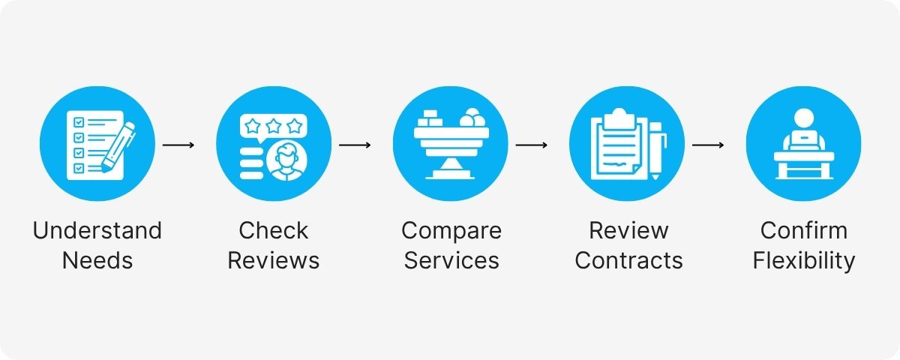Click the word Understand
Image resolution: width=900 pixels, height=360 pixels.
[x=97, y=230]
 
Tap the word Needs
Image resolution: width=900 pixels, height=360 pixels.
[x=97, y=260]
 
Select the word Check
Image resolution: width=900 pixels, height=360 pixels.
[x=274, y=230]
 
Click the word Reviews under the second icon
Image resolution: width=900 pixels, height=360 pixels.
[x=274, y=260]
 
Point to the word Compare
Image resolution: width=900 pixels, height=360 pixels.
[x=451, y=230]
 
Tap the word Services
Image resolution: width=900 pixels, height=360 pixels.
[x=451, y=260]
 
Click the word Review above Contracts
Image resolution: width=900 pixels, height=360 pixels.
[x=628, y=230]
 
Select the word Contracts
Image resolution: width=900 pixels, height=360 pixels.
[x=628, y=260]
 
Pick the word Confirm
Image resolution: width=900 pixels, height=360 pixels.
[x=804, y=230]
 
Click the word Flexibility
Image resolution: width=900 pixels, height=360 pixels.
[x=804, y=260]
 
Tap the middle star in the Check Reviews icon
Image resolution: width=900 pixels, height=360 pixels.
[x=274, y=123]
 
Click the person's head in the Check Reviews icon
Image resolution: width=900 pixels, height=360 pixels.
[x=286, y=156]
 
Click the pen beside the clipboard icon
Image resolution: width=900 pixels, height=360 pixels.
[x=655, y=150]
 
